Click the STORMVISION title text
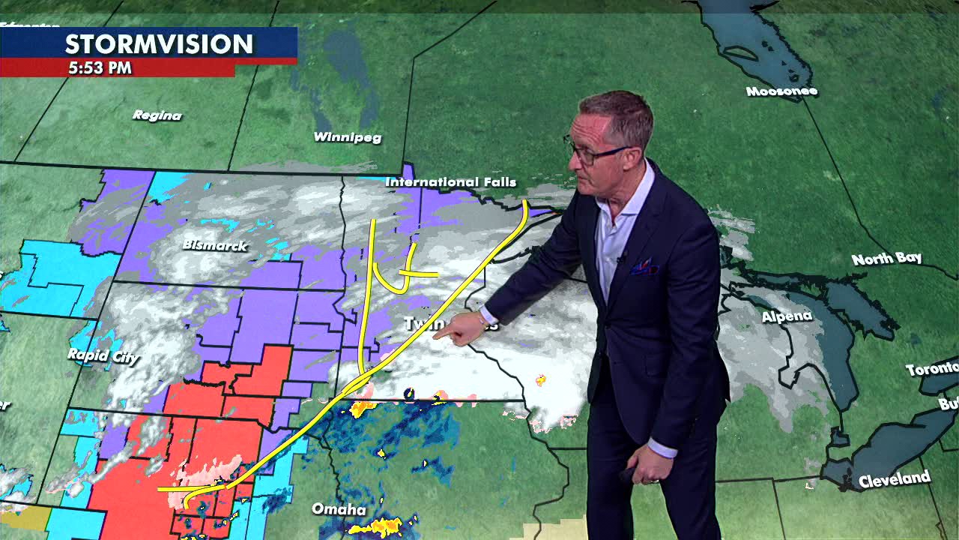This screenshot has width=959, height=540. click(158, 44)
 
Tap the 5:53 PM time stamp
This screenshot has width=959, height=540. click(100, 67)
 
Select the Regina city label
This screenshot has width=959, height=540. click(157, 115)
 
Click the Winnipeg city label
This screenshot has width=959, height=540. click(347, 137)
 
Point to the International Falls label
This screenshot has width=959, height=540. click(450, 182)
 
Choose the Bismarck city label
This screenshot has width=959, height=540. click(214, 245)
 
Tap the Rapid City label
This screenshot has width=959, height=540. click(103, 355)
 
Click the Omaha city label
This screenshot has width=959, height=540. click(339, 510)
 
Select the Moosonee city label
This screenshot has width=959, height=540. click(781, 91)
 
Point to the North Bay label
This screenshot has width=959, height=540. click(886, 259)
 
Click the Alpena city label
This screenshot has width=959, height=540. click(787, 316)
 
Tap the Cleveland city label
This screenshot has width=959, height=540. click(895, 479)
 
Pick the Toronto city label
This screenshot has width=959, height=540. click(932, 369)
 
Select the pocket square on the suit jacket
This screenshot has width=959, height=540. click(643, 267)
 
